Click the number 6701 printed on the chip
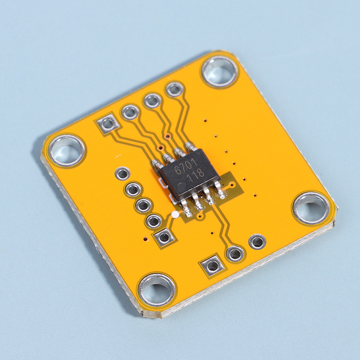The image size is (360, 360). pyautogui.click(x=185, y=166)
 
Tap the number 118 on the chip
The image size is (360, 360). pyautogui.click(x=195, y=176)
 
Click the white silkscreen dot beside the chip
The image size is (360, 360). pyautogui.click(x=175, y=215)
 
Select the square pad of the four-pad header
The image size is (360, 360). pyautogui.click(x=108, y=124)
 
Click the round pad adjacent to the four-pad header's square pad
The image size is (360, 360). pyautogui.click(x=130, y=112)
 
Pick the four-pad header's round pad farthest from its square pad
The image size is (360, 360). pyautogui.click(x=175, y=89)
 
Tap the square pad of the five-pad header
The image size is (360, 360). pyautogui.click(x=164, y=237)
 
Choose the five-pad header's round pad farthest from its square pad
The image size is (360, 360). pyautogui.click(x=122, y=174)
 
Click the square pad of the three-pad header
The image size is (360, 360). pyautogui.click(x=212, y=266)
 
